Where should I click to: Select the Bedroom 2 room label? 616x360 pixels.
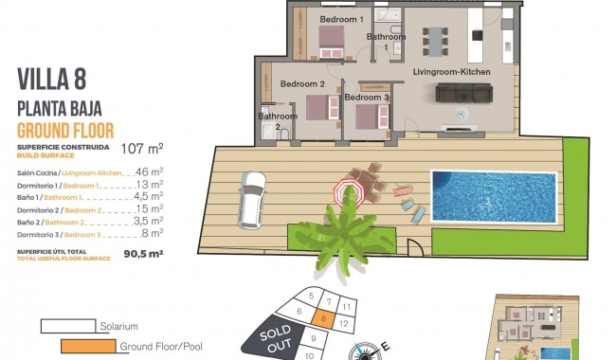[x=302, y=84]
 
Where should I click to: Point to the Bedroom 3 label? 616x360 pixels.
[x=367, y=98]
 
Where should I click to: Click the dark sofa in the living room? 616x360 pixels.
[x=463, y=93]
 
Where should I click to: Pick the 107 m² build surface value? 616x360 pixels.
[x=143, y=148]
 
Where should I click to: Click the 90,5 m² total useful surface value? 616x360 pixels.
[x=143, y=253]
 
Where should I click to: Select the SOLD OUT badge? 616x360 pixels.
[x=269, y=338]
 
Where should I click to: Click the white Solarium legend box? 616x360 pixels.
[x=67, y=326]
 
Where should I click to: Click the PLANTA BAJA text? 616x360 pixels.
[x=59, y=108]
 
